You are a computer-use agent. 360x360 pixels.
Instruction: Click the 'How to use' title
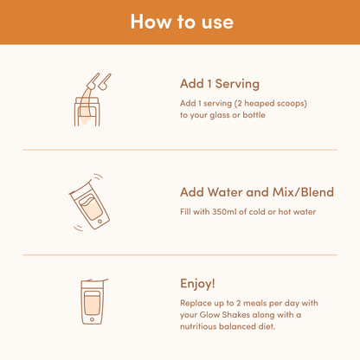[x=182, y=22]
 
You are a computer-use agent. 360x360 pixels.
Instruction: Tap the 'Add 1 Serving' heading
[x=220, y=84]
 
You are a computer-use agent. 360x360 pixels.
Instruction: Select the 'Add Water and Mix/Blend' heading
[x=257, y=192]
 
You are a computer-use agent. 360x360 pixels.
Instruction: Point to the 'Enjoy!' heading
[x=197, y=284]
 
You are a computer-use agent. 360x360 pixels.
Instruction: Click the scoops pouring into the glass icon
[x=92, y=100]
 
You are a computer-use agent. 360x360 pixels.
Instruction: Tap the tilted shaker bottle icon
[x=89, y=202]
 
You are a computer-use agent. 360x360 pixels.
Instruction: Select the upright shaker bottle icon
[x=93, y=302]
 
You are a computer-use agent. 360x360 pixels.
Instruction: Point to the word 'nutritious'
[x=198, y=326]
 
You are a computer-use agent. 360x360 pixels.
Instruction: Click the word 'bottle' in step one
[x=254, y=115]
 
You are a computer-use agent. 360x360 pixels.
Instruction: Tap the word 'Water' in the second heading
[x=225, y=192]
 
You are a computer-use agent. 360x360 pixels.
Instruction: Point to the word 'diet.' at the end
[x=267, y=326]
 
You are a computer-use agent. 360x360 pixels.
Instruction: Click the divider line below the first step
[x=180, y=150]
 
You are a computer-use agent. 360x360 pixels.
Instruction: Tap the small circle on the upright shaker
[x=92, y=319]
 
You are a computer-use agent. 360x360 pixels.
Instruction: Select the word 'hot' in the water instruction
[x=285, y=212]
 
